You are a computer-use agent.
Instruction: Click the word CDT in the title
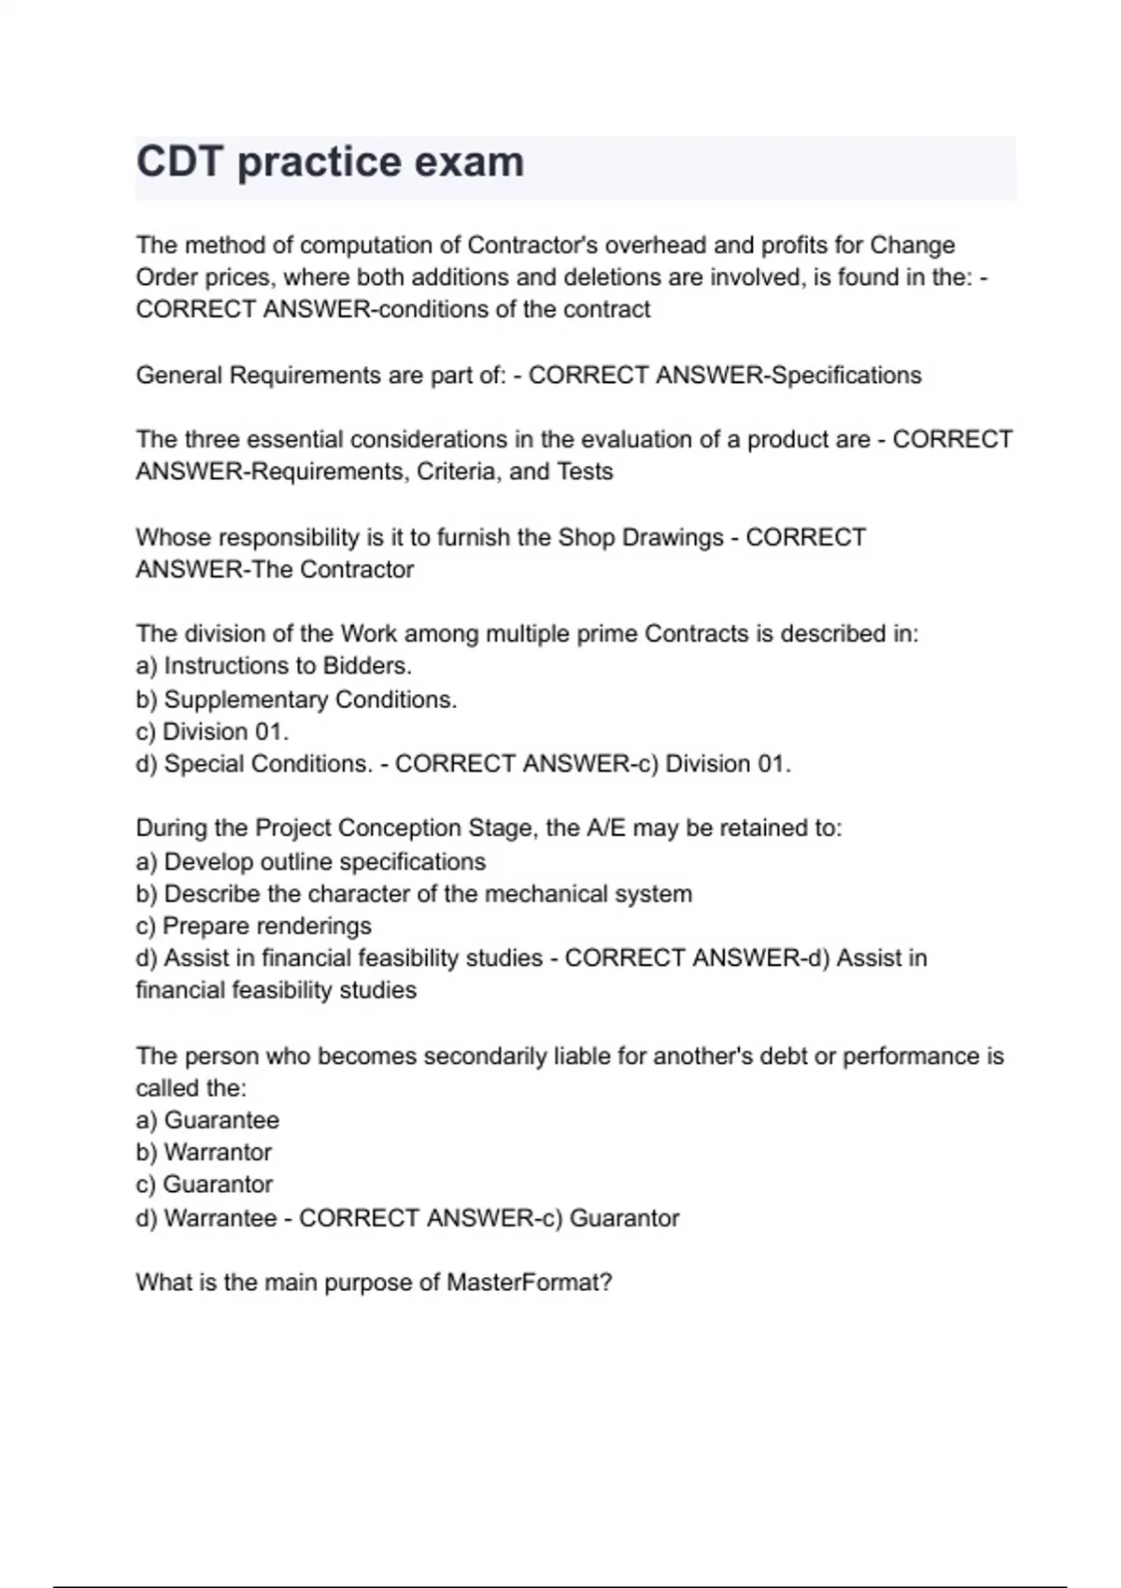[x=179, y=163]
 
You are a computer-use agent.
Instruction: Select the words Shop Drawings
[x=640, y=538]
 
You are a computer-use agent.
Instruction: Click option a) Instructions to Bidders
[x=274, y=666]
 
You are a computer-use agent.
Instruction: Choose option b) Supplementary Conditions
[x=296, y=700]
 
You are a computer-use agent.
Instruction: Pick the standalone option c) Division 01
[x=212, y=731]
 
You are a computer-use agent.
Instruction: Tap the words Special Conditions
[x=267, y=764]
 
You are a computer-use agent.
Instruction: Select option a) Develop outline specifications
[x=311, y=862]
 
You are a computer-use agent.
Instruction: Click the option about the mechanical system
[x=414, y=894]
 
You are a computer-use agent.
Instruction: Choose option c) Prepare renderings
[x=253, y=927]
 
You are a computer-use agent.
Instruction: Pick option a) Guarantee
[x=207, y=1120]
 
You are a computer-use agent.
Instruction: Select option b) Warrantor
[x=204, y=1153]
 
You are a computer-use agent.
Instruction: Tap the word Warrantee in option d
[x=220, y=1219]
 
